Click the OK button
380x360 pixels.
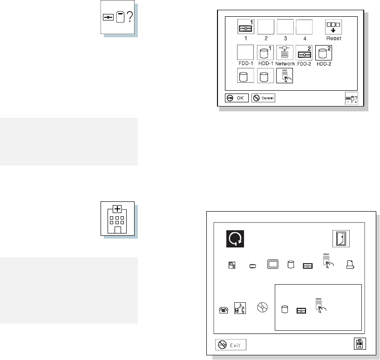click(x=237, y=98)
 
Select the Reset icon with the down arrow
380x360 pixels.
click(x=333, y=27)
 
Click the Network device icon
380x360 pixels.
click(x=285, y=52)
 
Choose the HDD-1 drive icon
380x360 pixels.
click(x=265, y=52)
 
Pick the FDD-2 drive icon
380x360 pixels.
click(x=304, y=52)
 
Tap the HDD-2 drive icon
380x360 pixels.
click(x=324, y=53)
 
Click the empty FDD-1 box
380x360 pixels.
click(x=245, y=52)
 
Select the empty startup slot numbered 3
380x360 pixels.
click(x=285, y=27)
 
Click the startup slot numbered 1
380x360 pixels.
click(x=246, y=27)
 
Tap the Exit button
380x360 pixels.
click(x=231, y=345)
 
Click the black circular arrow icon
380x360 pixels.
click(x=235, y=239)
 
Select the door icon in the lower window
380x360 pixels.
click(x=341, y=239)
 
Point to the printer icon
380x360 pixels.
click(x=350, y=265)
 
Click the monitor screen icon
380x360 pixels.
click(x=273, y=264)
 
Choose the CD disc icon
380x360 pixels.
click(x=262, y=307)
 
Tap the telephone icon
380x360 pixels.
click(x=224, y=310)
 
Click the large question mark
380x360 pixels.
click(x=130, y=17)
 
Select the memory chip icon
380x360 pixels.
click(x=253, y=267)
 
